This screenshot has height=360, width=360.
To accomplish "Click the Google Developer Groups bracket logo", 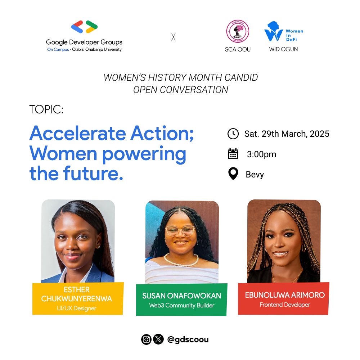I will click(x=84, y=27).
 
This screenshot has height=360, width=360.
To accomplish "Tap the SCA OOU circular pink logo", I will click(x=238, y=31).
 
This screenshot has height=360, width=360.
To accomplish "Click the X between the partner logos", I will click(x=174, y=37).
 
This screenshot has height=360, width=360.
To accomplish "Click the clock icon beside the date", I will click(x=233, y=134).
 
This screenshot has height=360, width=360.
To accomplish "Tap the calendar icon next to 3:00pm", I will click(x=233, y=154).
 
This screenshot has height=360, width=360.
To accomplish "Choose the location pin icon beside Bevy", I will click(x=233, y=174).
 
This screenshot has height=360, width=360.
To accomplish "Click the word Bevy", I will click(x=255, y=175).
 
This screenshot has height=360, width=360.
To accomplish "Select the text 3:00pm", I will click(x=261, y=154).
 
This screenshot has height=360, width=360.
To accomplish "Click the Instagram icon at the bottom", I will click(x=146, y=339).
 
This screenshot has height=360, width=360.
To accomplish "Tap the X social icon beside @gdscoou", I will click(x=158, y=339).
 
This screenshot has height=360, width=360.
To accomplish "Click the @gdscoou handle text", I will click(x=188, y=339).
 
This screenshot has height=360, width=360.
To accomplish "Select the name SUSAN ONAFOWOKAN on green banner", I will click(x=181, y=296).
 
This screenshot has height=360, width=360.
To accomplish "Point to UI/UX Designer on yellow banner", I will click(x=78, y=308).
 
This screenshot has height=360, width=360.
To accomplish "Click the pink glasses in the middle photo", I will click(x=180, y=231).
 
